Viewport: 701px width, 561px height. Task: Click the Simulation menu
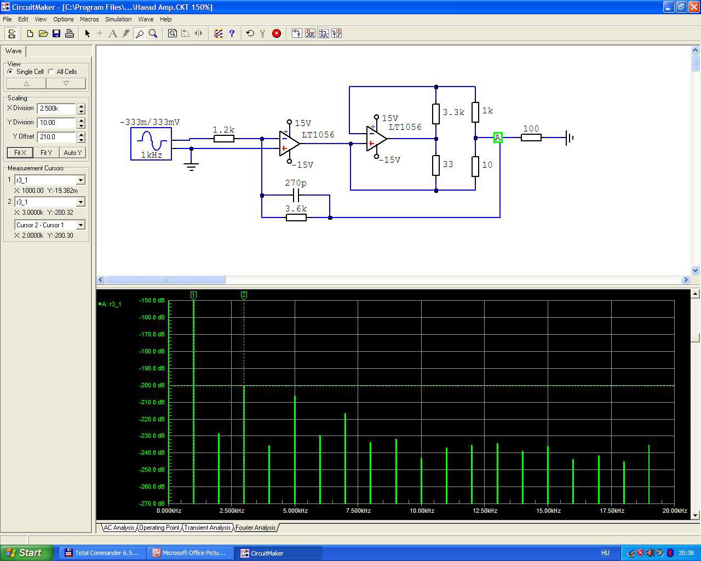pos(118,19)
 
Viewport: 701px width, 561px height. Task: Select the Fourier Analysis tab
pos(256,528)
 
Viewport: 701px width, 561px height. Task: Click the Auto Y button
pos(73,152)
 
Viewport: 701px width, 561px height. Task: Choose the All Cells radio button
pos(51,72)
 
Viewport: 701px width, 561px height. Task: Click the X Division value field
pos(56,108)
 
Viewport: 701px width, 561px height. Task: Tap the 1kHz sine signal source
pos(151,144)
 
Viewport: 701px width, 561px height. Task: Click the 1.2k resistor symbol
pos(224,139)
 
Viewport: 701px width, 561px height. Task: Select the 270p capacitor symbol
pos(296,195)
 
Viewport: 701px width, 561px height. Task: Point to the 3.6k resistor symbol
pos(296,217)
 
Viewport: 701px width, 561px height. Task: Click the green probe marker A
pos(498,138)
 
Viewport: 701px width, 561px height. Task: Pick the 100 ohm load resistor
pos(531,138)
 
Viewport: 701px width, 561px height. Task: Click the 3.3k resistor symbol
pos(436,114)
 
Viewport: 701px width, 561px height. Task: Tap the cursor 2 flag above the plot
pos(244,295)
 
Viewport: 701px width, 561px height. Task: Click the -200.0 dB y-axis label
pos(152,385)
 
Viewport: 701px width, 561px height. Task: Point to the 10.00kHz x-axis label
pos(422,511)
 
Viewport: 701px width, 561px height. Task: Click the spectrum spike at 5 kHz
pos(295,450)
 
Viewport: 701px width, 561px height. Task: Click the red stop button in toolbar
pos(277,33)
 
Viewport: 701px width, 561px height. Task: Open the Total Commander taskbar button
pos(102,553)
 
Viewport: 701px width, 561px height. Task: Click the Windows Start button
pos(26,553)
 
